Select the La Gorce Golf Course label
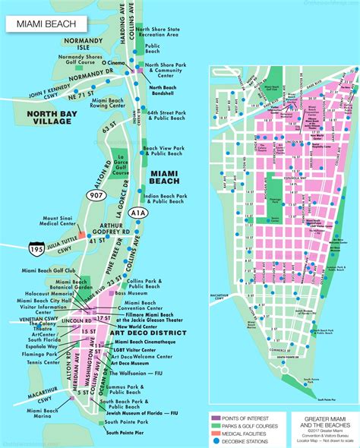[x=119, y=166]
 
